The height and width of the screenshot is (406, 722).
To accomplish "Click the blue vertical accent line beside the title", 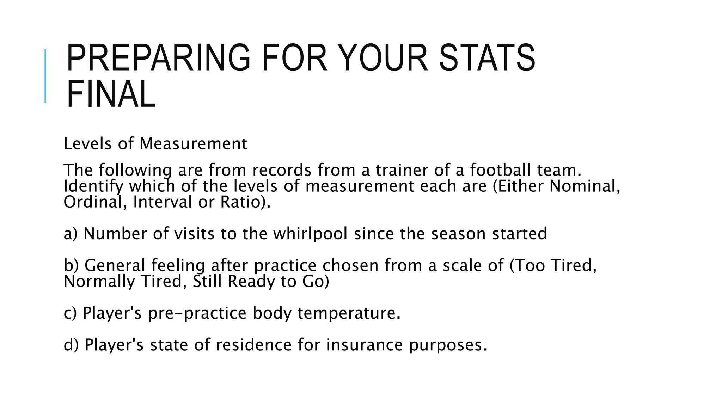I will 45,76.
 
